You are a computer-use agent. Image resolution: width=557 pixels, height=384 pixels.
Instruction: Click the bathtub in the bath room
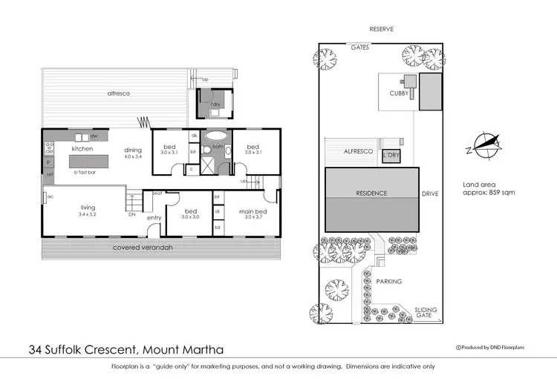[x=216, y=136]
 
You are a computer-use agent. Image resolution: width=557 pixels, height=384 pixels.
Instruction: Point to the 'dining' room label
[x=133, y=149]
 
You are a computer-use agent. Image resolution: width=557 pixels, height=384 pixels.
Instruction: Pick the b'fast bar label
[x=88, y=171]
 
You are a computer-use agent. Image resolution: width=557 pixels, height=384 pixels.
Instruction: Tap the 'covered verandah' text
[x=143, y=247]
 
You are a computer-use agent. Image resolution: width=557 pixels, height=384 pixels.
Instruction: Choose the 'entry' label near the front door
[x=154, y=217]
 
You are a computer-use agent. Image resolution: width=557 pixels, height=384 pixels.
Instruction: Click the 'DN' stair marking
[x=132, y=214]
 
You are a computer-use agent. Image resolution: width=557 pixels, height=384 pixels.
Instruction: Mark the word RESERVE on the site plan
[x=381, y=30]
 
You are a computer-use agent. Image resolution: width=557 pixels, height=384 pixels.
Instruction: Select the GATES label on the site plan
[x=360, y=47]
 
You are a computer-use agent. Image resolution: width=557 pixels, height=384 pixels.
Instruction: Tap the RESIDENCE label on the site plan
[x=371, y=193]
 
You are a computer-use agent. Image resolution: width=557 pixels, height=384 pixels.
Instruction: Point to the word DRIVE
[x=430, y=193]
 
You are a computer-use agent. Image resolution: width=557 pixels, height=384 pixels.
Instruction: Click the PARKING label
[x=388, y=282]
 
